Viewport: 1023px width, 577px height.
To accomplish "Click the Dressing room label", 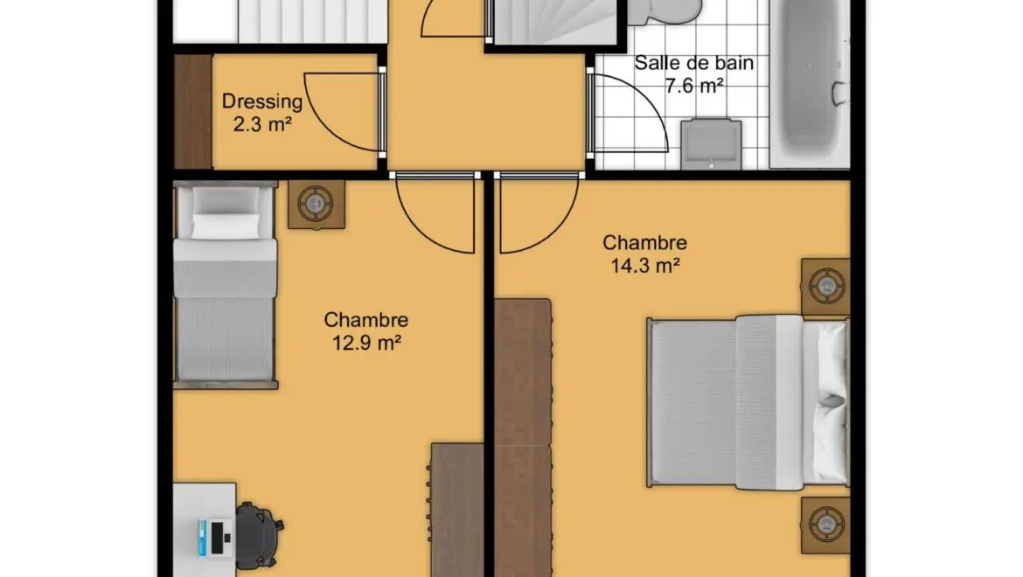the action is [x=262, y=101].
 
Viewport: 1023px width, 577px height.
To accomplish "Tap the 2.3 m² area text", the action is [x=262, y=123].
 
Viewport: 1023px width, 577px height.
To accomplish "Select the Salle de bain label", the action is [x=693, y=63].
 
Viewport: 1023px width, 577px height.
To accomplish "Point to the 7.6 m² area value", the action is [x=694, y=86].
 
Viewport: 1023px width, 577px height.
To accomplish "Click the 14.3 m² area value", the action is [x=645, y=266].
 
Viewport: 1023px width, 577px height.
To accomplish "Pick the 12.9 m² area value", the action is [x=366, y=343].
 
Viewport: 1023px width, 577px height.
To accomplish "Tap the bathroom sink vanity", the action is [x=711, y=144].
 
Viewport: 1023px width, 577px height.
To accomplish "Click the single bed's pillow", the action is [x=225, y=226].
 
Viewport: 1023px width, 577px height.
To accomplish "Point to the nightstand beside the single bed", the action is [x=317, y=205].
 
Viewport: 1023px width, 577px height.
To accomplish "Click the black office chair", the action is [x=259, y=535].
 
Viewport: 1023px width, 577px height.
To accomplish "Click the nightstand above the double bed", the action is [x=826, y=287].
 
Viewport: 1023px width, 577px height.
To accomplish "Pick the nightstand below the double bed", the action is [x=826, y=525].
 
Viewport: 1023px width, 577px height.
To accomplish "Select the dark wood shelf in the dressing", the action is [x=194, y=112].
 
